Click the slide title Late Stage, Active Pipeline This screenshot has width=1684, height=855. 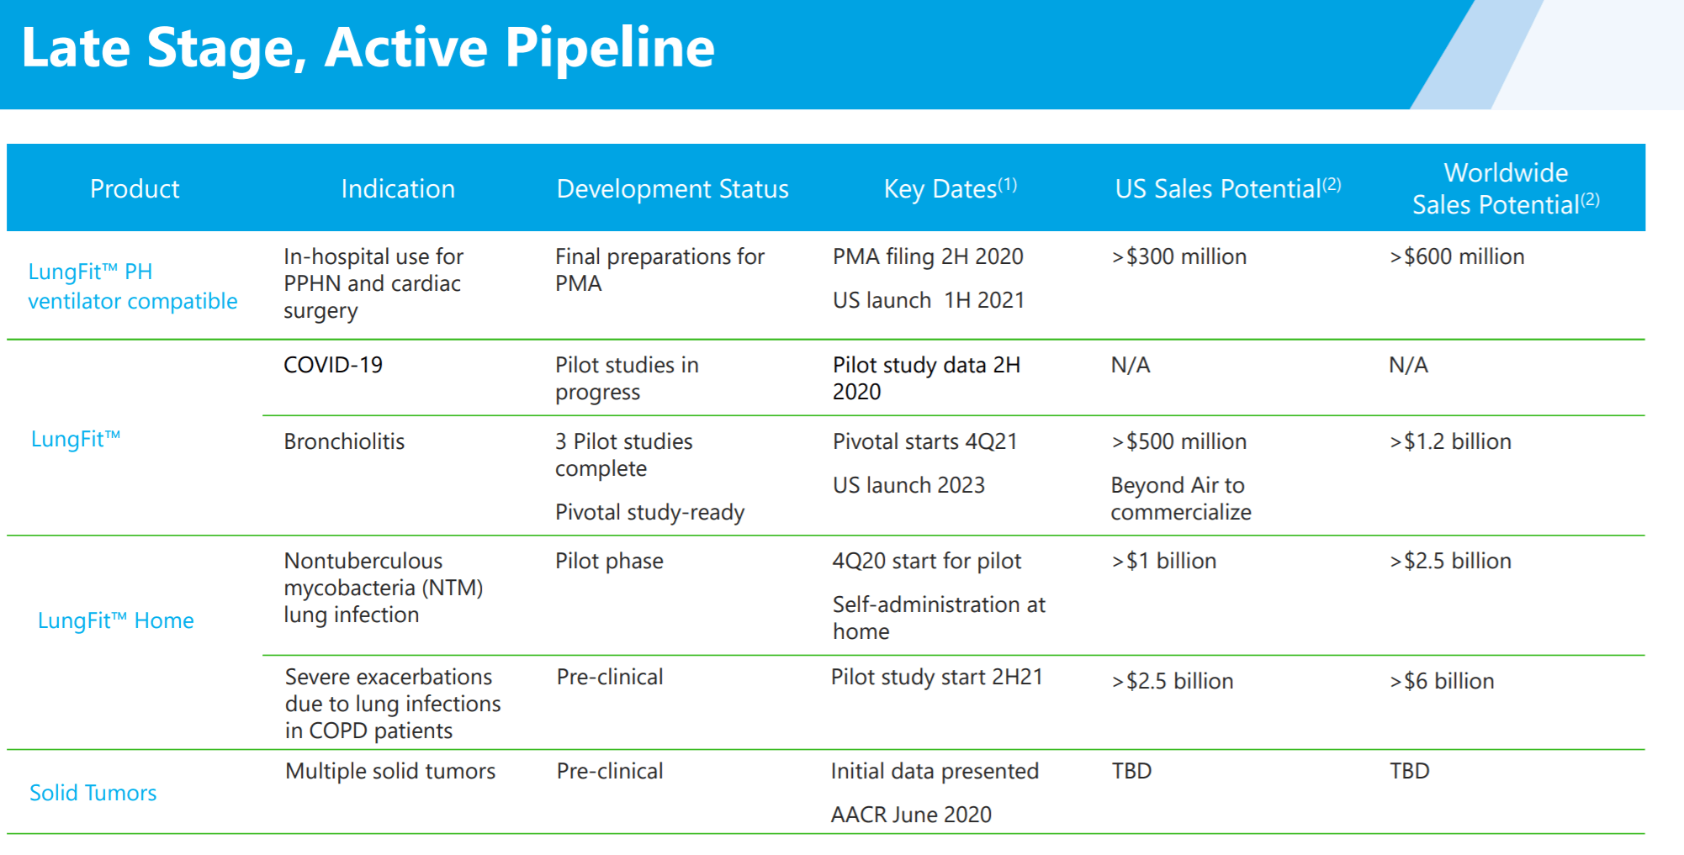pos(368,48)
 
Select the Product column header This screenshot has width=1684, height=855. pos(135,188)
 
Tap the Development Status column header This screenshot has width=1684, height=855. pos(672,189)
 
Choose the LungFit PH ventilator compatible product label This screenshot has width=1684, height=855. pos(133,286)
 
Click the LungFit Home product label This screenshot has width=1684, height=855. pos(116,620)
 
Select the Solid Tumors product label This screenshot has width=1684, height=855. pos(93,793)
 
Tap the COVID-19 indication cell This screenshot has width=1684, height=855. pos(333,365)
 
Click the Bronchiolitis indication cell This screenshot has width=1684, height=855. pos(344,441)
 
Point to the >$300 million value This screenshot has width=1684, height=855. pos(1179,256)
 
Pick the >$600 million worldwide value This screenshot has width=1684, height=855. pos(1457,256)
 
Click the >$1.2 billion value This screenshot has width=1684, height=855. pos(1450,441)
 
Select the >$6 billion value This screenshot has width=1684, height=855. pos(1442,681)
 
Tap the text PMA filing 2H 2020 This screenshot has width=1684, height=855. pos(928,256)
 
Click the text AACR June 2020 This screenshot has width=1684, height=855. pos(911,815)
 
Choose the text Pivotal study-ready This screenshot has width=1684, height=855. pos(650,512)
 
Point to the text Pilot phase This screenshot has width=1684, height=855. pos(609,561)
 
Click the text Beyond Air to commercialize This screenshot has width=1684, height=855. pos(1181,499)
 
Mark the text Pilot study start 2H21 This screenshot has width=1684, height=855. pos(937,677)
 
